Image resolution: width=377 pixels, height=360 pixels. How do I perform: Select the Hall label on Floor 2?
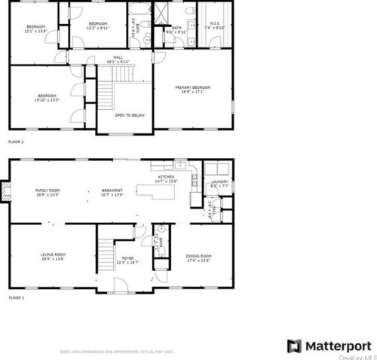point(118,59)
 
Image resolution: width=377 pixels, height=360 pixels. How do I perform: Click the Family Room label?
point(48,192)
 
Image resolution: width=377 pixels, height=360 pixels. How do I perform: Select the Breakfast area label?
point(112,192)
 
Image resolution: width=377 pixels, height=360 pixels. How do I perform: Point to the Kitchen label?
point(165,179)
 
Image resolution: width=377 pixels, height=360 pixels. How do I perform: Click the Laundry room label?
point(219,182)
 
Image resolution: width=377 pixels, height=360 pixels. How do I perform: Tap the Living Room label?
point(53,255)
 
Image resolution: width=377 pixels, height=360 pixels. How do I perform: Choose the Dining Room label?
point(198,258)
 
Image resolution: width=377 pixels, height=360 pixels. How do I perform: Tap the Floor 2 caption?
point(16,141)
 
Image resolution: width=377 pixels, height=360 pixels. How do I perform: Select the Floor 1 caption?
point(16,298)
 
